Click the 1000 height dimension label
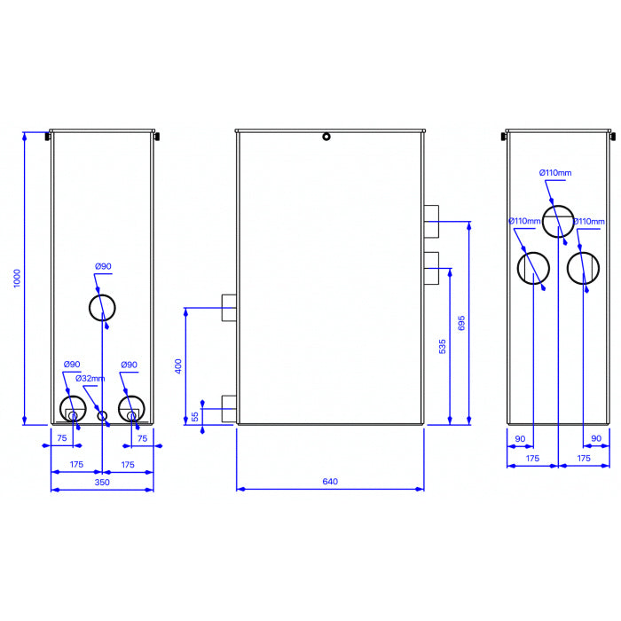click(17, 279)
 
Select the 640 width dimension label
click(330, 481)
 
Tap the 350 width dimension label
click(102, 482)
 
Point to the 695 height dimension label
click(461, 323)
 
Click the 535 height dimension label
click(443, 346)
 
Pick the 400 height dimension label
click(178, 366)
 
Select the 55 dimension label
click(195, 417)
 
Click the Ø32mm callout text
click(90, 378)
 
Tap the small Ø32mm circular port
click(102, 416)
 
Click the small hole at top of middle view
click(326, 137)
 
